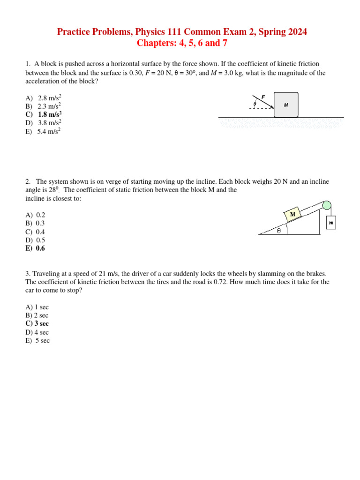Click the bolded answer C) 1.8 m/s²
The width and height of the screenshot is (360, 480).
point(44,114)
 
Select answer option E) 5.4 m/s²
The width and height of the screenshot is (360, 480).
point(43,131)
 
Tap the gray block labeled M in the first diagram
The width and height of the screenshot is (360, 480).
point(285,105)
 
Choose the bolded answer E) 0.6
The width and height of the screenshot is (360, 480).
point(35,248)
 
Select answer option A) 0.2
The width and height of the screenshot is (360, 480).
point(35,215)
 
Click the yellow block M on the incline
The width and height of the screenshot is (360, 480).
point(293,214)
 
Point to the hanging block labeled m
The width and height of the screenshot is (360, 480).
point(331,223)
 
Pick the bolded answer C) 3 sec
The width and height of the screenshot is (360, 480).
point(37,323)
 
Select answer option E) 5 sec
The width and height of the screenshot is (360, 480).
point(37,341)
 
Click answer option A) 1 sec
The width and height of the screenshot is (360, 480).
point(37,307)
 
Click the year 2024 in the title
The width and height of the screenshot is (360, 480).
point(297,32)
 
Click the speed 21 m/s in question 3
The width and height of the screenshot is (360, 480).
point(108,274)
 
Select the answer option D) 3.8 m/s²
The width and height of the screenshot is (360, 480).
point(44,123)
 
